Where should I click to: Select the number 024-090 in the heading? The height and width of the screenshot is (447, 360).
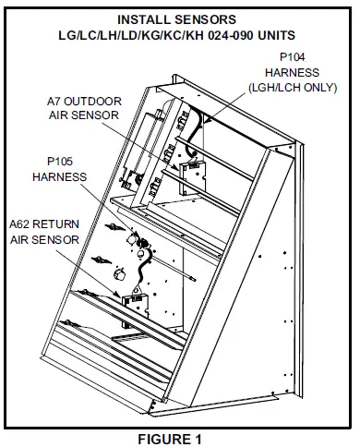pos(231,35)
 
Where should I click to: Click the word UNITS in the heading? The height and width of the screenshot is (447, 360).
pos(276,35)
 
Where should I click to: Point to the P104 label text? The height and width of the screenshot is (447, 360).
pos(293,57)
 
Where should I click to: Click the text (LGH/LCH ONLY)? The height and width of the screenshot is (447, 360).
pos(293,88)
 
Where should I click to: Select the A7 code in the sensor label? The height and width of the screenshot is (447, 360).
pos(54,102)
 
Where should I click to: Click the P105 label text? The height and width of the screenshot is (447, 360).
pos(60,162)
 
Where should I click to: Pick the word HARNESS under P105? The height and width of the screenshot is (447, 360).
pos(60,177)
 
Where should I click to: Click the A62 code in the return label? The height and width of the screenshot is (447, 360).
pos(19,224)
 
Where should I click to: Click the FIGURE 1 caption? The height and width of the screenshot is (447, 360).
pos(170,439)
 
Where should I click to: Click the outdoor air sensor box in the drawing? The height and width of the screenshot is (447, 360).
pos(193,178)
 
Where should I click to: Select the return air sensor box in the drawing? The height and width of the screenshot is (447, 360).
pos(136,310)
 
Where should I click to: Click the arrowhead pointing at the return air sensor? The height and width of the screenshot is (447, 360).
pos(118,295)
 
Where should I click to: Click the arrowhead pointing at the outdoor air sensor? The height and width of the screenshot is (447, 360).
pos(175,167)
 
